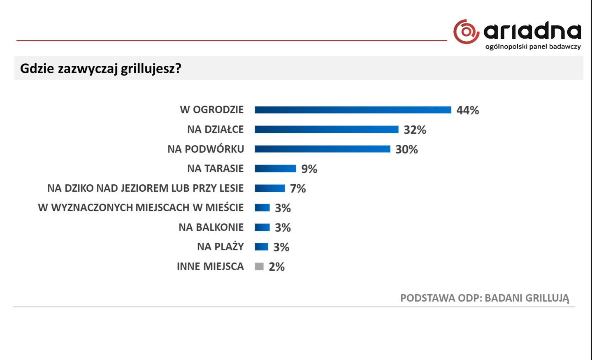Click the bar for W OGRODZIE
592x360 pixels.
point(353,110)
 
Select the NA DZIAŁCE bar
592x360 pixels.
point(326,130)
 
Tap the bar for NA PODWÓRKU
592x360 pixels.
point(322,149)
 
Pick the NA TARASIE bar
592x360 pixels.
point(275,168)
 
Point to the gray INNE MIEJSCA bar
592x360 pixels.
point(259,267)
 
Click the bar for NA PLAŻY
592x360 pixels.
point(261,247)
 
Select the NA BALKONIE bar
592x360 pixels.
point(262,227)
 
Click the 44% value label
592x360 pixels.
point(468,110)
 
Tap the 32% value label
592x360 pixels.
point(415,130)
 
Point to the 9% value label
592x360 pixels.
point(309,169)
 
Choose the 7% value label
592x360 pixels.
point(298,188)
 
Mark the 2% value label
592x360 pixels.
point(276,267)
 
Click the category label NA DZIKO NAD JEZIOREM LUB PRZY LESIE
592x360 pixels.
point(146,188)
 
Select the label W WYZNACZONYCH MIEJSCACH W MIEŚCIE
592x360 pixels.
point(141,207)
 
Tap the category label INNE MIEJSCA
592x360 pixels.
point(210,267)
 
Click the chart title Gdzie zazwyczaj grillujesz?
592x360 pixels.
point(101,68)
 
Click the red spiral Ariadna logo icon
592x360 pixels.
point(466,32)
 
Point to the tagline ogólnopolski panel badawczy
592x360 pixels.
point(533,46)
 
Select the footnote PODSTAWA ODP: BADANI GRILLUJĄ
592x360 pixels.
point(485,298)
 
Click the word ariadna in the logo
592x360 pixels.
point(532,31)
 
